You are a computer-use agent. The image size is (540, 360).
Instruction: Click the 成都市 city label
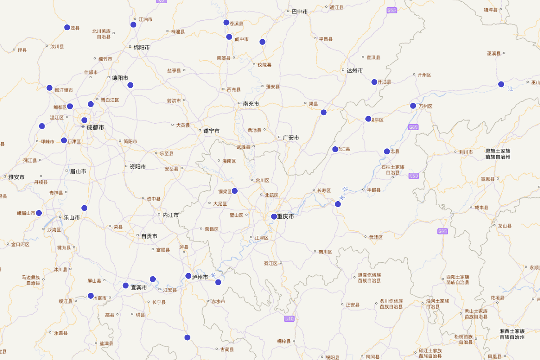tap(95, 128)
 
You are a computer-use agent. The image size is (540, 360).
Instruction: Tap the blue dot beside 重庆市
tap(274, 216)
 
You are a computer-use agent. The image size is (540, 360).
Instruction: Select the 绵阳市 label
tap(142, 47)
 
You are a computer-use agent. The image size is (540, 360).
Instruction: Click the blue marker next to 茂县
tap(67, 27)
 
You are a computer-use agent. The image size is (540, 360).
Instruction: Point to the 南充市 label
tap(251, 104)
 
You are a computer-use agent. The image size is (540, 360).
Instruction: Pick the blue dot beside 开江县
tap(374, 82)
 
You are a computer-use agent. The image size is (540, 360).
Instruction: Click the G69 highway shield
tap(414, 127)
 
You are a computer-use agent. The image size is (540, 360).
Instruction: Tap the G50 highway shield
tap(414, 176)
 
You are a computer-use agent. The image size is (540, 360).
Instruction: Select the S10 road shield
tap(289, 319)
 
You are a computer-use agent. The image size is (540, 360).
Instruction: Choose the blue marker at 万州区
tap(413, 106)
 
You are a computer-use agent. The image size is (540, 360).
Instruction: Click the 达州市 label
tap(355, 71)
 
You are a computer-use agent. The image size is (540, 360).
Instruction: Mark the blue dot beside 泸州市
tap(189, 276)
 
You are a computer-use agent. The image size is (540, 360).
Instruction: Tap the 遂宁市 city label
tap(211, 131)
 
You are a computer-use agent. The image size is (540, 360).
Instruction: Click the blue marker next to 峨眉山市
tap(39, 213)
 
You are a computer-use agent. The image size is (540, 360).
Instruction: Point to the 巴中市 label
tap(300, 11)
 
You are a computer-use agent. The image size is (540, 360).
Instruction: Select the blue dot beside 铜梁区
tap(234, 191)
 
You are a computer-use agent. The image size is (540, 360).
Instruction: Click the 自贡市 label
tap(149, 236)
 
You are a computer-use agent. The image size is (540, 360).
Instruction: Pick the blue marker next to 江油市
tap(133, 25)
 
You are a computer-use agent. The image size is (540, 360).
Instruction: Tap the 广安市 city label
tap(291, 138)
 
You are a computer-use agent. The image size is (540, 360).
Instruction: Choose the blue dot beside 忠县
tap(387, 151)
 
